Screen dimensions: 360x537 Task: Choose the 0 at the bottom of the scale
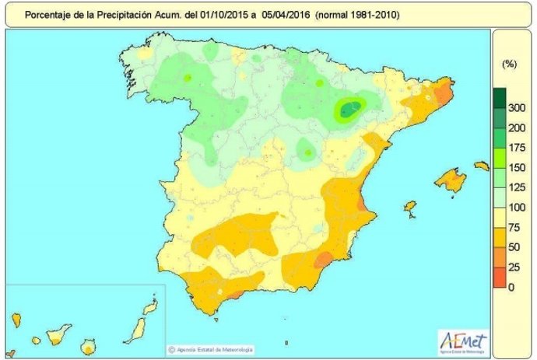[511, 287]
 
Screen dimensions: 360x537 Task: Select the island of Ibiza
[409, 207]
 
